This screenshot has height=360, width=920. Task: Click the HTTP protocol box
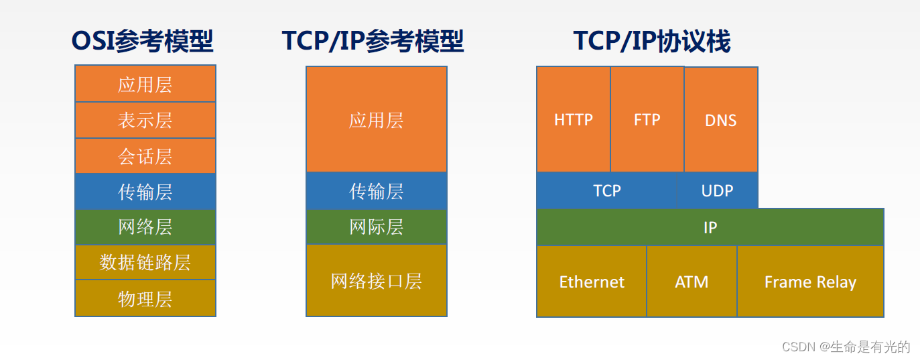click(x=574, y=119)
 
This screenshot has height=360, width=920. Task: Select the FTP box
click(x=647, y=119)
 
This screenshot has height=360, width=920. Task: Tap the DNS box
click(x=721, y=120)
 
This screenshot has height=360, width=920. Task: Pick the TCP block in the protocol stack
click(x=607, y=190)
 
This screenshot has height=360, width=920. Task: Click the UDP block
click(x=718, y=190)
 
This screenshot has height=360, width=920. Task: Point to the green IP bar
click(x=710, y=227)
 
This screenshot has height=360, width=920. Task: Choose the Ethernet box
click(x=592, y=282)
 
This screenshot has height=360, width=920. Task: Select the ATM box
click(x=692, y=282)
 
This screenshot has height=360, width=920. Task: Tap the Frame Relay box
click(x=810, y=282)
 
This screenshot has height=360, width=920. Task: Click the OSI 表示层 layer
click(x=145, y=120)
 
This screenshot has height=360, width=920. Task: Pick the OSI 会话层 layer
click(x=145, y=156)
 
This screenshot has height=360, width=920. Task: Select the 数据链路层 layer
click(x=145, y=262)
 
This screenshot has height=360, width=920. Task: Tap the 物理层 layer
click(x=145, y=298)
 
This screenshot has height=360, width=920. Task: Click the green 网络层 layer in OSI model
click(x=145, y=227)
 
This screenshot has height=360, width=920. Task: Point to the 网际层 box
click(x=377, y=227)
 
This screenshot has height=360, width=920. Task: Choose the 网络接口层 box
click(x=377, y=281)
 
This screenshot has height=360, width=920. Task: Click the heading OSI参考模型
click(x=143, y=42)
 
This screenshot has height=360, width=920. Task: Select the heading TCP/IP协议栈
click(x=652, y=42)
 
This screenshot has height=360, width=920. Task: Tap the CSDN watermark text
click(x=846, y=347)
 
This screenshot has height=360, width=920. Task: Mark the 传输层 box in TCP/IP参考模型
click(x=377, y=191)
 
